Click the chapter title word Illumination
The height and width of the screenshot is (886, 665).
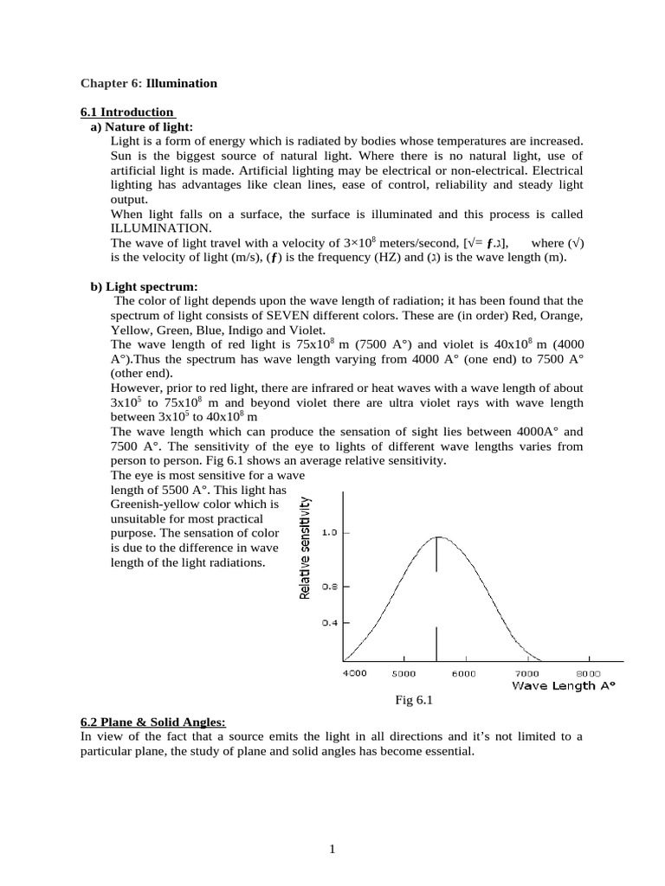coord(182,83)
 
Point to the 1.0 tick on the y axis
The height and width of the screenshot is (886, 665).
coord(329,533)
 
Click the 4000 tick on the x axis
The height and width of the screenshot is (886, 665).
coord(354,672)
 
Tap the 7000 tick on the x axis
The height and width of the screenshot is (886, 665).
coord(527,672)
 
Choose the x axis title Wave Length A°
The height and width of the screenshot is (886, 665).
coord(563,685)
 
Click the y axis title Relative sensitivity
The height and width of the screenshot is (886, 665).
coord(305,546)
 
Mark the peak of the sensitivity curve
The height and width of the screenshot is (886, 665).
coord(437,536)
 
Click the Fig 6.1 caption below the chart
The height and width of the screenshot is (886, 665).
coord(412,701)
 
